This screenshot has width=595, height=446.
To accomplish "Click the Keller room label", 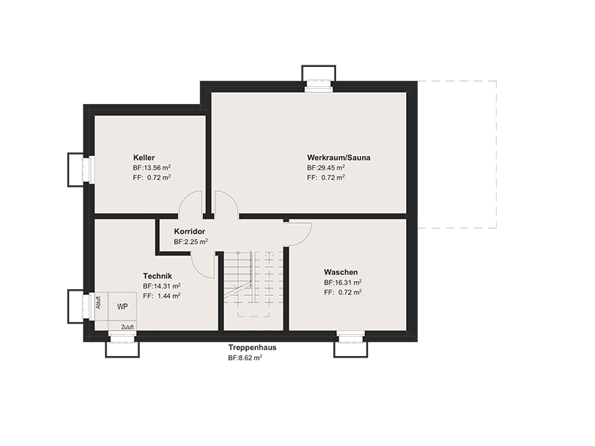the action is tap(144, 158).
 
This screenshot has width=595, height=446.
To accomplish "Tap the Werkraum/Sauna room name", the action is tap(339, 158).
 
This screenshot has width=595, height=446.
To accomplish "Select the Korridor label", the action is tap(190, 231).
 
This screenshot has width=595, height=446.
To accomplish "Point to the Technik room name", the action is tap(158, 276).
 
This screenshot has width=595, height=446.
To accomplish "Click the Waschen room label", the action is tap(341, 272).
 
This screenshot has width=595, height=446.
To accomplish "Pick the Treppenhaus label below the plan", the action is tap(252, 347).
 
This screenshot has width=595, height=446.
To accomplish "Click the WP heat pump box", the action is tap(123, 306).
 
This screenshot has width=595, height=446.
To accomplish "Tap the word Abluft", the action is tap(99, 303).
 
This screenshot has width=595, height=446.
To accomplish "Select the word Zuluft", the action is tap(127, 327).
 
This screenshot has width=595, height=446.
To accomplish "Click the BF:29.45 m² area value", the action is tap(326, 168).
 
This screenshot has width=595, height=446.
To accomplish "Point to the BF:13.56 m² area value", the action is tap(152, 168).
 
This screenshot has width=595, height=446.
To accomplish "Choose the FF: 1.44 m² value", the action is tap(161, 296).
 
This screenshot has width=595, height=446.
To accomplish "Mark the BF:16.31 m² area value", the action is tap(343, 282).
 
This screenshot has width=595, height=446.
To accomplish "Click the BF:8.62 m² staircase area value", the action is tap(245, 358).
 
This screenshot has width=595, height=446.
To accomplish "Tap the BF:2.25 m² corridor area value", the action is tap(191, 242).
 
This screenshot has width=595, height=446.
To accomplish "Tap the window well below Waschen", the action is tap(351, 347).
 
